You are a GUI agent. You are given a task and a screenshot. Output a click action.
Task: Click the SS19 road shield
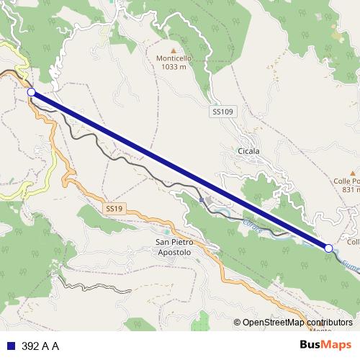coord(113,208)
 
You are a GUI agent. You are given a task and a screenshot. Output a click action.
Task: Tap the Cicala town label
coord(248,151)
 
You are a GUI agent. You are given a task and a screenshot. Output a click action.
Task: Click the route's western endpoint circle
coord(31,92)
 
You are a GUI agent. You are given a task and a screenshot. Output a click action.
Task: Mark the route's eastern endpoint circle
coord(329,248)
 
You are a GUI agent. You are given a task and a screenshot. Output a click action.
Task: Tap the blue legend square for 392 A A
coord(10,346)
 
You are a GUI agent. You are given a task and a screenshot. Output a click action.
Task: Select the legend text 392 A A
coord(40,346)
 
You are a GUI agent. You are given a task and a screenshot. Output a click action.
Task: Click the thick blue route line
coord(180,170)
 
